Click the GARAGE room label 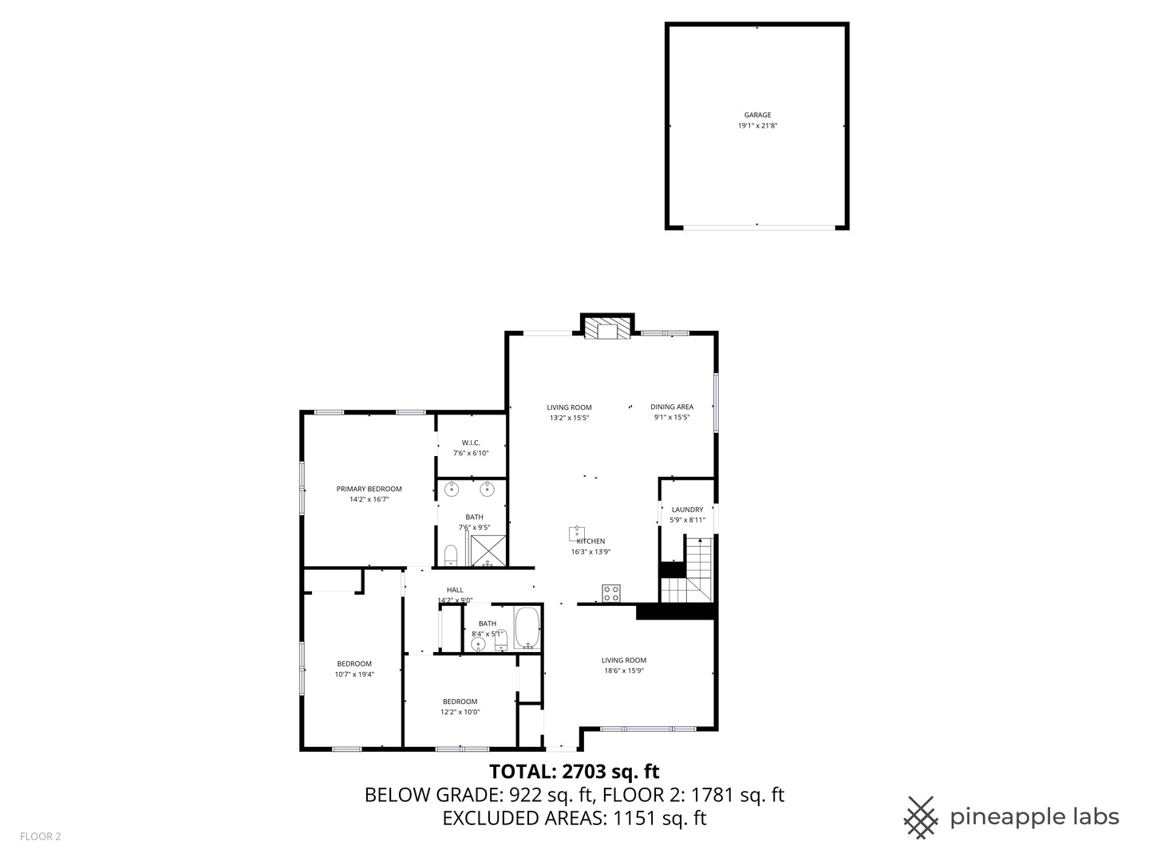click(x=757, y=115)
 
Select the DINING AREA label click(x=672, y=407)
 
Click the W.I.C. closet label click(x=471, y=442)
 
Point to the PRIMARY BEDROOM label click(x=369, y=489)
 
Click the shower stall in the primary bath click(x=488, y=550)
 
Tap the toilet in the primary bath click(x=450, y=554)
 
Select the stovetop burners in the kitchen click(x=611, y=593)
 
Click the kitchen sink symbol click(x=578, y=532)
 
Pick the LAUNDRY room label click(x=687, y=509)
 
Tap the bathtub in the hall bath click(x=527, y=629)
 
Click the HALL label click(x=455, y=590)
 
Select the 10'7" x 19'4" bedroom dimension click(x=354, y=674)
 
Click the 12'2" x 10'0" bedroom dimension click(x=460, y=713)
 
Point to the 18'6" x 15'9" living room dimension click(x=624, y=671)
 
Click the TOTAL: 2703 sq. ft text click(x=574, y=772)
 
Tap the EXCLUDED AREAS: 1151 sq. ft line click(x=574, y=818)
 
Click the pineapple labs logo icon click(x=921, y=817)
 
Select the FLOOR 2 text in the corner click(x=40, y=836)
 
